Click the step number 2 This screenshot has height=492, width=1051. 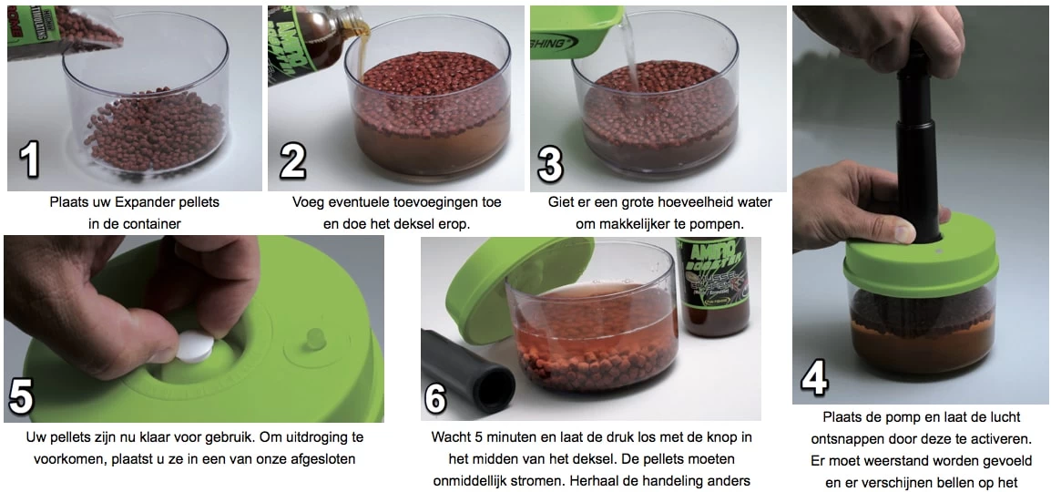(x=292, y=161)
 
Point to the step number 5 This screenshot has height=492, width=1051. (x=21, y=398)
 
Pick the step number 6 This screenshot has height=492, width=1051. (x=437, y=398)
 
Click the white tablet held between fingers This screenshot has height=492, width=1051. (x=196, y=347)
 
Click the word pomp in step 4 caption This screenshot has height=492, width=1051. (x=892, y=417)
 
